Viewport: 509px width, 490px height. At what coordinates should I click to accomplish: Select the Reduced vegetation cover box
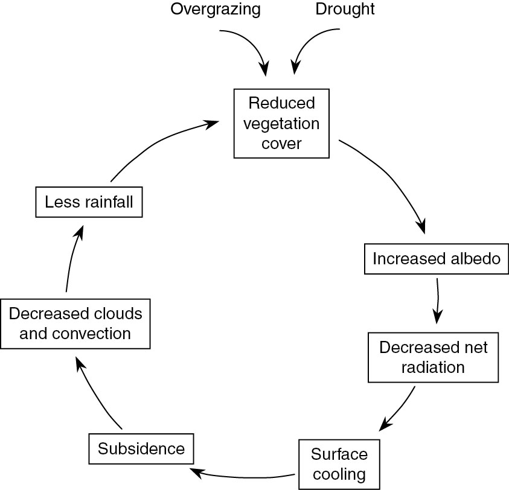282,124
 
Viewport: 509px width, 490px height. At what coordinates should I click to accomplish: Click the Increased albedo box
437,258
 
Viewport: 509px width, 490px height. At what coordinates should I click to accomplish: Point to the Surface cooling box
339,463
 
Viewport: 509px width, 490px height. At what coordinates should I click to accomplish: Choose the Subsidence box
141,449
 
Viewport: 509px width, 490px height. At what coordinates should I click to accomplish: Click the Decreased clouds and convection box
75,323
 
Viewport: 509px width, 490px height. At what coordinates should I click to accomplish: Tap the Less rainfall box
89,202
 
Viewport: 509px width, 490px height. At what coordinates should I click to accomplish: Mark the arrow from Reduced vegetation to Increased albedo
392,181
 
